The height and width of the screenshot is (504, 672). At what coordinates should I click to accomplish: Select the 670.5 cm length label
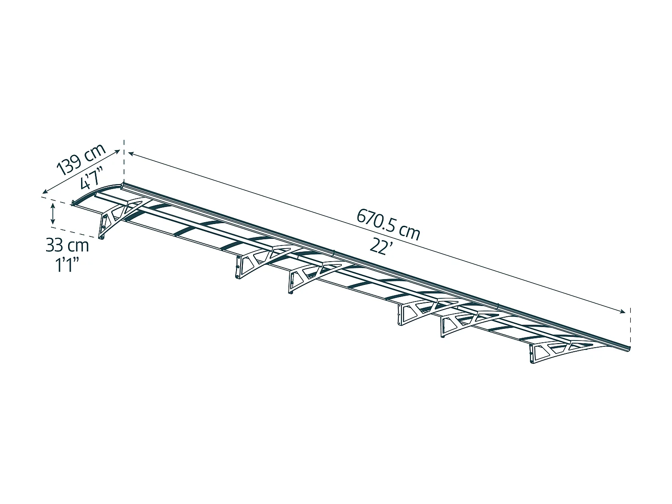pyautogui.click(x=388, y=225)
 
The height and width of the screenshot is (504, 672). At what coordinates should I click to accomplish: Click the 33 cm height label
pyautogui.click(x=67, y=246)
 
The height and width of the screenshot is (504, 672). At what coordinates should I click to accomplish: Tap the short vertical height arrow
pyautogui.click(x=53, y=214)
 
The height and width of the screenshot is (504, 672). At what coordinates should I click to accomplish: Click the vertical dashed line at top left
pyautogui.click(x=124, y=161)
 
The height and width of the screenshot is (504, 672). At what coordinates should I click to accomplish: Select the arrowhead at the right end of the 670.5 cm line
pyautogui.click(x=622, y=311)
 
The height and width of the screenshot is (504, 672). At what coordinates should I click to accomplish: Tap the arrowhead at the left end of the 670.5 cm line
pyautogui.click(x=131, y=153)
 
